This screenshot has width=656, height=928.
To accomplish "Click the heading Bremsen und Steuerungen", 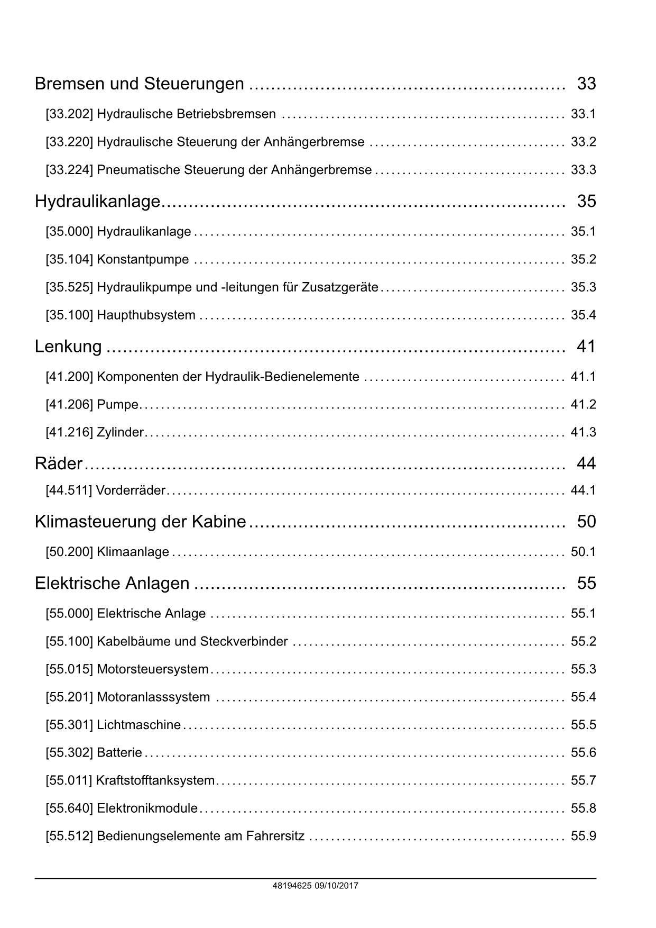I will pos(139,84).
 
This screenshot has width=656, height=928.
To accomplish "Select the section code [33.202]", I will pos(69,114).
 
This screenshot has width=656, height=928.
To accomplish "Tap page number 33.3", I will pos(583,170).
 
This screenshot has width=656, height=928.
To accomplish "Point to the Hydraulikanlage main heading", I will pos(97,201).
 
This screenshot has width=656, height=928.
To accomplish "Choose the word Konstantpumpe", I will pos(143,259).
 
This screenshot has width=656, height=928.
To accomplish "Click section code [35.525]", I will pos(69,287).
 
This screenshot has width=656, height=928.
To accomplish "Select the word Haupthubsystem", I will pos(146,315).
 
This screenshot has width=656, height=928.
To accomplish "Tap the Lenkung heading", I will pos(68,346).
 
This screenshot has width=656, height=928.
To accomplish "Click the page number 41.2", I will pos(583,405).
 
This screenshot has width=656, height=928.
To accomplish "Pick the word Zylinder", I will pos(120,432).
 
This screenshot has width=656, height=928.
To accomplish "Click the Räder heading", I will pos(59,463).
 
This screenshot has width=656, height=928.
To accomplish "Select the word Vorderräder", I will pos(131,490).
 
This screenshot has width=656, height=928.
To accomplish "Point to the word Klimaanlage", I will pos(133,552).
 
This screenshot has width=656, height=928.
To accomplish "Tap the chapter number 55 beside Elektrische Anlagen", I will pos(586,583).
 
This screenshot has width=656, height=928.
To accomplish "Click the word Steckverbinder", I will pos(244,641).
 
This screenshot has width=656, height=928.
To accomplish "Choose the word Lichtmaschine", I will pos(138,725).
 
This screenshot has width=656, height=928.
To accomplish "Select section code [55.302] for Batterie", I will pos(69,753).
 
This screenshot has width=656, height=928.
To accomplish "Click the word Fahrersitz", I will pos(274,836).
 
